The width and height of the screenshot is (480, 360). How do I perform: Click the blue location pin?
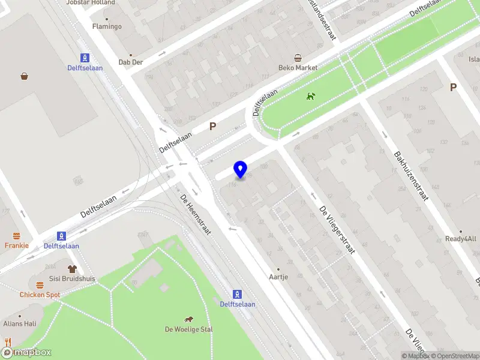coord(241,170)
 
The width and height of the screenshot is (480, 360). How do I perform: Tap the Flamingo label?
coord(107,26)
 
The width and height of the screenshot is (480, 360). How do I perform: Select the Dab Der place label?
coord(131,62)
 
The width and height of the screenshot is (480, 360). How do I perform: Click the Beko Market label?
coord(298,68)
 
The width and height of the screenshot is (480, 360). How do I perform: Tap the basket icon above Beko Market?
coord(298,58)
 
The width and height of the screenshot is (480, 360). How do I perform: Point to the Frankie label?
coord(17,245)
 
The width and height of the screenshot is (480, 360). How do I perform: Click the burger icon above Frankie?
coord(17,236)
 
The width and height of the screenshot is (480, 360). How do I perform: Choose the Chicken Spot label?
coord(40,295)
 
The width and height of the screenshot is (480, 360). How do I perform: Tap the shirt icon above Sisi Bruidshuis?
coord(73,269)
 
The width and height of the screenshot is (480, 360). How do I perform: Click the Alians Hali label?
coord(20,323)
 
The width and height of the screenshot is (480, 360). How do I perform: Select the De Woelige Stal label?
coord(189,329)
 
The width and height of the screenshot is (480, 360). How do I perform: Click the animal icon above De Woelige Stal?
coord(189,319)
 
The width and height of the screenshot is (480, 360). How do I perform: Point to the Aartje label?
coord(278,277)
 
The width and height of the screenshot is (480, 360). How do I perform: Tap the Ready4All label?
coord(461,239)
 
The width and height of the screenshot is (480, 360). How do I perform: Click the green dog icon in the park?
coord(310,96)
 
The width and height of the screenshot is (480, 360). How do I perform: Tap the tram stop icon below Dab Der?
coord(85,58)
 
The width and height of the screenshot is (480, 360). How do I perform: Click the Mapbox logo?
coord(26,353)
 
